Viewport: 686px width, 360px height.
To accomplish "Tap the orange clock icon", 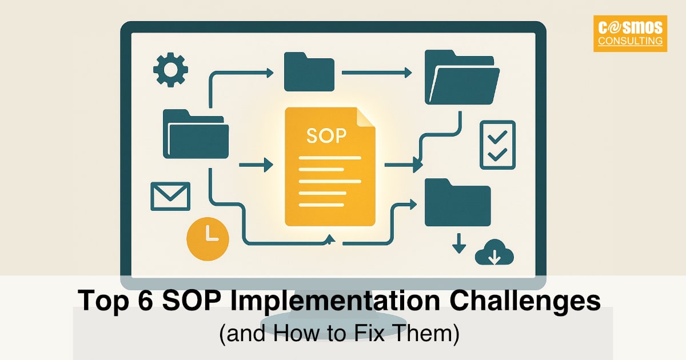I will click(208, 238).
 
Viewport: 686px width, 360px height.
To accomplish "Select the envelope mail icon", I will click(170, 196).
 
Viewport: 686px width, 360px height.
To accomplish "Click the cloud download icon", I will click(494, 253).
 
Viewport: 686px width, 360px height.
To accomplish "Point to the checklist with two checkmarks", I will click(497, 145).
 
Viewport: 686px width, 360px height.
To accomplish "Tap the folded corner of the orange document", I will click(365, 117).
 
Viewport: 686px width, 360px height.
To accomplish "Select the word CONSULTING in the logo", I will click(630, 41).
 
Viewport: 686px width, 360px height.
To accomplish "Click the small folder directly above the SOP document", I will click(309, 71).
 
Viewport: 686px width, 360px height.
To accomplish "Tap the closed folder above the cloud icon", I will click(457, 202).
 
